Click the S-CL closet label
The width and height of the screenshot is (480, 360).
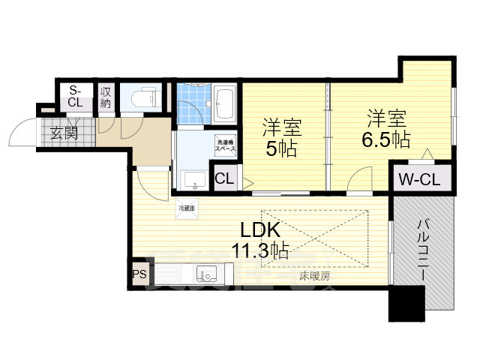coord(75,96)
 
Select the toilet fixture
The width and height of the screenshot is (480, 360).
coord(142,97)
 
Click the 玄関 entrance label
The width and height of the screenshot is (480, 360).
coord(64,134)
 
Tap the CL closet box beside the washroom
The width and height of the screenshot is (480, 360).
coord(224,179)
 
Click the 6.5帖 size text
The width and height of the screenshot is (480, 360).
coord(387,139)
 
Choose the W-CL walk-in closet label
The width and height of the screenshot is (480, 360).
coord(420,180)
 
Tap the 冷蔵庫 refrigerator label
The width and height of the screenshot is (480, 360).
coord(187,208)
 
